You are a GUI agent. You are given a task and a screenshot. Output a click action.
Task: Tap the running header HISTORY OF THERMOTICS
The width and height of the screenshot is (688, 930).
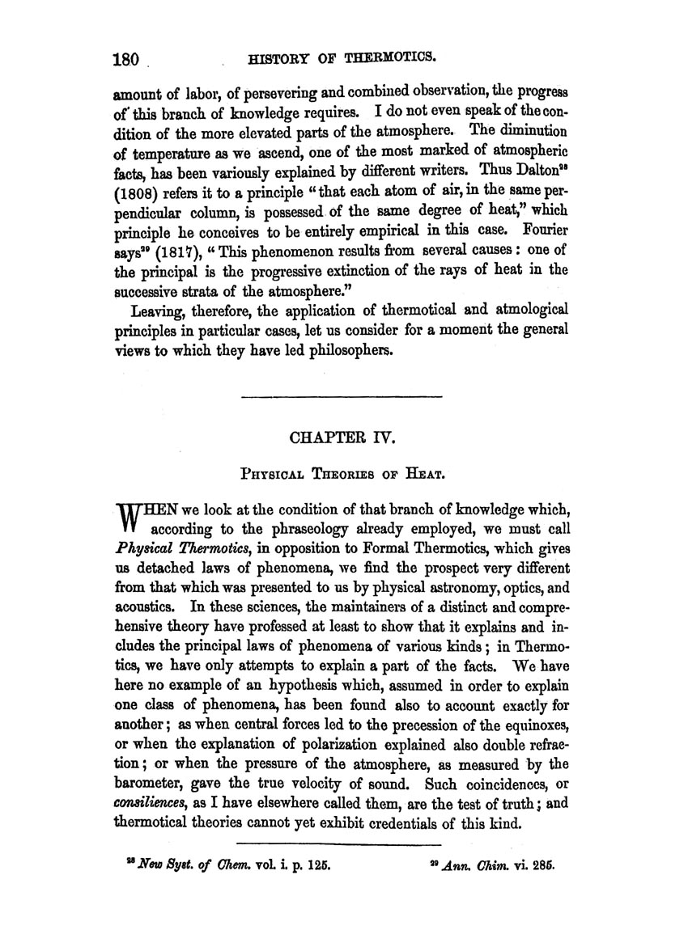[345, 57]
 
